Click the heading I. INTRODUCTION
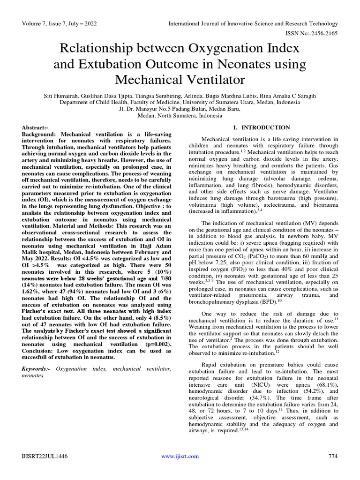pyautogui.click(x=262, y=127)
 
